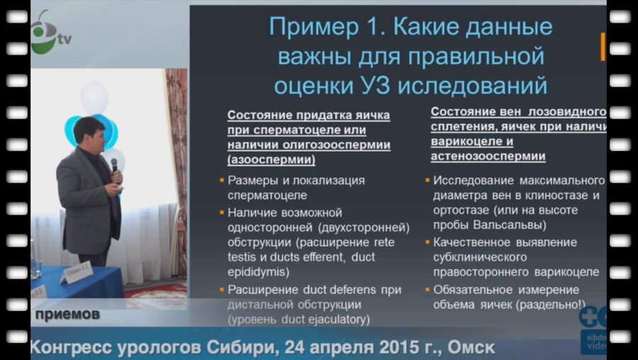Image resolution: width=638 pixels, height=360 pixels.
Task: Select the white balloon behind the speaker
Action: [94, 98]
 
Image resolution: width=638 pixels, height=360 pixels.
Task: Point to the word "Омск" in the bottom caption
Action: [469, 349]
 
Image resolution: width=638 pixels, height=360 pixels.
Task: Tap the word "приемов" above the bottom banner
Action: [68, 314]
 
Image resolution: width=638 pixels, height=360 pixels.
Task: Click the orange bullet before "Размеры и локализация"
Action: [221, 180]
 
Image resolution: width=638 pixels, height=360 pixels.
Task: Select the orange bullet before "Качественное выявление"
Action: [427, 242]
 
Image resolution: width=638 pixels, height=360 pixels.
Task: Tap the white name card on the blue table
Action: [76, 272]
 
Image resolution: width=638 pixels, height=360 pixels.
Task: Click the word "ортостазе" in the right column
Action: [464, 210]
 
